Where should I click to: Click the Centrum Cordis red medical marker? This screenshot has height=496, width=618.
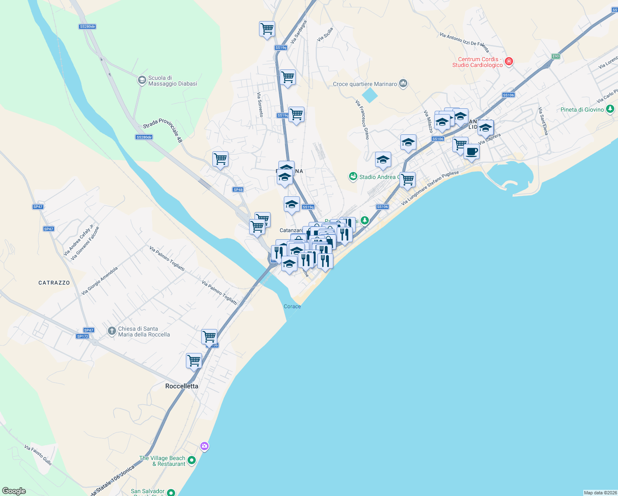point(509,62)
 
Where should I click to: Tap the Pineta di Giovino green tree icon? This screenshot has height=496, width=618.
point(610,109)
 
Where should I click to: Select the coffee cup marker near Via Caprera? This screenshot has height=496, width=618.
point(471,152)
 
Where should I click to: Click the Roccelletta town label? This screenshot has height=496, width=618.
point(182,386)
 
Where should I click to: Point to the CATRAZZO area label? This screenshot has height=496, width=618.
point(54,283)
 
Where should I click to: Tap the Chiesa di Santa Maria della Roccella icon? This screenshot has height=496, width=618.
point(112,331)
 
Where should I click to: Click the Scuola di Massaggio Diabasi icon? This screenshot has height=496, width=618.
point(142,80)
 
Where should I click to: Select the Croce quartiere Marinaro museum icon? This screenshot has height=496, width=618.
point(404,83)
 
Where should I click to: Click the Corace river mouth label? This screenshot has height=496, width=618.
point(292,306)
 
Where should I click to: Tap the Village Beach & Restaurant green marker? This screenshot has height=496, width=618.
point(191,460)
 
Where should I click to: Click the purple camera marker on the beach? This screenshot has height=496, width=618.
point(204,446)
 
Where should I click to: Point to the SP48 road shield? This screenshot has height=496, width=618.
point(238,190)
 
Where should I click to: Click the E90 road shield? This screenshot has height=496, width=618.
point(556,56)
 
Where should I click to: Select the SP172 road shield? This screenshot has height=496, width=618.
point(83,336)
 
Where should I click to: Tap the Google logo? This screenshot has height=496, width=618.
point(14,491)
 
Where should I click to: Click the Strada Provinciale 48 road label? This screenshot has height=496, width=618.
point(163,130)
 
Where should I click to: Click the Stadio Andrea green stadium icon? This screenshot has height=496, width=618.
point(353,177)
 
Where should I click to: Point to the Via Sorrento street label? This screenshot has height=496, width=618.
point(260,105)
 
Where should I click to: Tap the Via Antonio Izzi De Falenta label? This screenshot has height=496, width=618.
point(464,42)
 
